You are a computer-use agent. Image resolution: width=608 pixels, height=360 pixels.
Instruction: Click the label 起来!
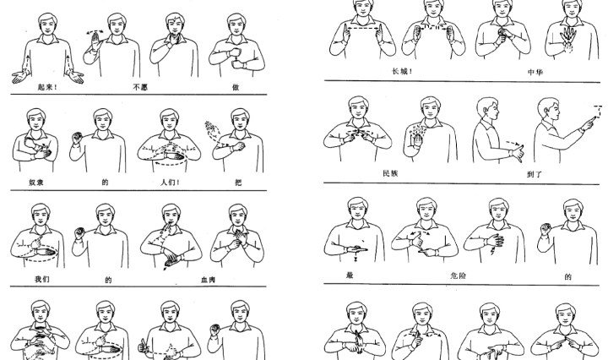tap(47, 87)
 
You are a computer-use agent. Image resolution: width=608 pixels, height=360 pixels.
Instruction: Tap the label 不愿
tap(140, 87)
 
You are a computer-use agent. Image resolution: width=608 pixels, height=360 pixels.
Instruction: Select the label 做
tap(236, 87)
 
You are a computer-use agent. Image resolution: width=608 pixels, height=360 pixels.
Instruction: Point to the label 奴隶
tap(36, 183)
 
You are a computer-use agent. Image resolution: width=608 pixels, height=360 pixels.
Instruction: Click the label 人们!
tap(171, 183)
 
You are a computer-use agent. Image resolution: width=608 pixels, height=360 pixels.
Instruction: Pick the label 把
tap(238, 183)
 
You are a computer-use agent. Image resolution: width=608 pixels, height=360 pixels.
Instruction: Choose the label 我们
tap(42, 279)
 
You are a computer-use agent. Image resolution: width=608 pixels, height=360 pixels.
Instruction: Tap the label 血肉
tap(209, 280)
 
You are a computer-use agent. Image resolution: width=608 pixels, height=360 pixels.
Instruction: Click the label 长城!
tap(403, 71)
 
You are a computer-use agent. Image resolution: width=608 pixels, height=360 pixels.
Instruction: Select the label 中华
tap(535, 72)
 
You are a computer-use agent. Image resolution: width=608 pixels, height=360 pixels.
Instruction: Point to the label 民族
tap(390, 173)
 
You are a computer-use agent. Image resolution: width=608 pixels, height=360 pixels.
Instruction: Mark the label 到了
tap(535, 174)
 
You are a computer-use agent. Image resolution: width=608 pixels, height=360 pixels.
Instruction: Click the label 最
tap(350, 275)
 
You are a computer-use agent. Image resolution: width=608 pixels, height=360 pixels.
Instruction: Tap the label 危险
tap(458, 275)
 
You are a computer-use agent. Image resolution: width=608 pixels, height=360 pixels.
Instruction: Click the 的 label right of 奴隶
tap(105, 183)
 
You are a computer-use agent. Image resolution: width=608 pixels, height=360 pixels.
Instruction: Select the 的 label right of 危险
tap(568, 276)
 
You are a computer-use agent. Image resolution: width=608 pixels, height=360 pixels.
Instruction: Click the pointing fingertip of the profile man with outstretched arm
tap(593, 121)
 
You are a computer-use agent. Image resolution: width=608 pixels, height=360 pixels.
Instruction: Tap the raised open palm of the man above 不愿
tap(95, 41)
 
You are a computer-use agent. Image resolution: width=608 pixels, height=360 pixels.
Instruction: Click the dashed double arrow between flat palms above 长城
tap(363, 28)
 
